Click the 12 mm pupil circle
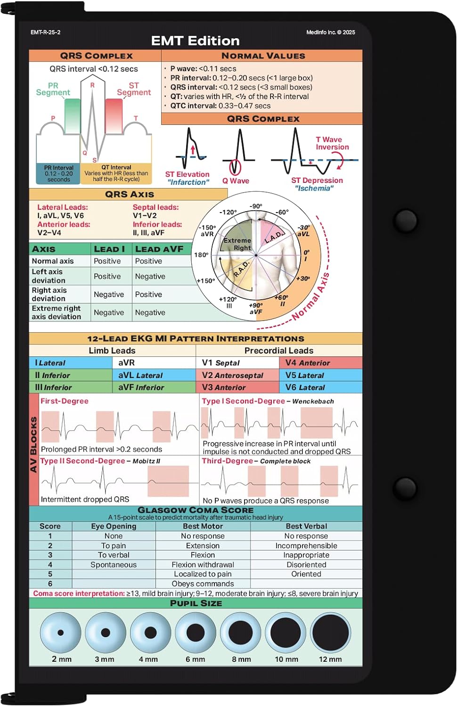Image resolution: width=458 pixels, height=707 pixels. (330, 633)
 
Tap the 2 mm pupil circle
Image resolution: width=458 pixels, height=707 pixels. (60, 633)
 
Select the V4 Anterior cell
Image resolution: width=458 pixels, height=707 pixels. (320, 363)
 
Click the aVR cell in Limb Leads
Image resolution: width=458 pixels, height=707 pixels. (154, 363)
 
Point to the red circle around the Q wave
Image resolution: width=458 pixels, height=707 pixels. (235, 167)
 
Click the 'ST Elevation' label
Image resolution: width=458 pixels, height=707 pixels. (187, 174)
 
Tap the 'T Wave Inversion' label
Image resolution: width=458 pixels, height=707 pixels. (332, 143)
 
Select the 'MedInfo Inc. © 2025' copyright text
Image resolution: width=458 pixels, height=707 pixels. (330, 33)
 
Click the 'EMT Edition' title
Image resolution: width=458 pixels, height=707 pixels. (195, 41)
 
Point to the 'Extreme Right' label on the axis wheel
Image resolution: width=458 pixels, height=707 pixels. (237, 244)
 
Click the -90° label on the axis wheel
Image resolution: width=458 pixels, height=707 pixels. (256, 206)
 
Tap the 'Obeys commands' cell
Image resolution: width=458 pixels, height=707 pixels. (203, 584)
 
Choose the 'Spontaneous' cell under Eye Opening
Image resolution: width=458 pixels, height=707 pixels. (114, 565)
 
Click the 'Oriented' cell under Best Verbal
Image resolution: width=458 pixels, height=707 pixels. (306, 574)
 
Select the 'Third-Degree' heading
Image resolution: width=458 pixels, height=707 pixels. (228, 461)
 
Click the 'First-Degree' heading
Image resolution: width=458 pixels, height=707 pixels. (65, 401)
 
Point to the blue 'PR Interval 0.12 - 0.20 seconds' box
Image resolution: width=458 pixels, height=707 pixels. (58, 173)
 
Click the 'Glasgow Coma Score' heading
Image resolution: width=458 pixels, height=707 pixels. (196, 510)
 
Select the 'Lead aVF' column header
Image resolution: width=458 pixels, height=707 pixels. (159, 249)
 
